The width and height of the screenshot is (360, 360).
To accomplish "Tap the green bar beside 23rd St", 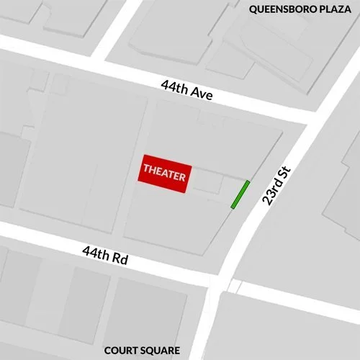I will point(240,194).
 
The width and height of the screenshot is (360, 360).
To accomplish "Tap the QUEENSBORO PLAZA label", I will point(300,9).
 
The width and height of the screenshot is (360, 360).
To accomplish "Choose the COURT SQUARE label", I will point(142,351).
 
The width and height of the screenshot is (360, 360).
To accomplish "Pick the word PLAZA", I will point(337,9).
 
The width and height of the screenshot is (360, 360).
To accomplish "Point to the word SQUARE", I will point(161,351).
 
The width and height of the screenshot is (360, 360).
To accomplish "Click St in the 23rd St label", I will point(282,173).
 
